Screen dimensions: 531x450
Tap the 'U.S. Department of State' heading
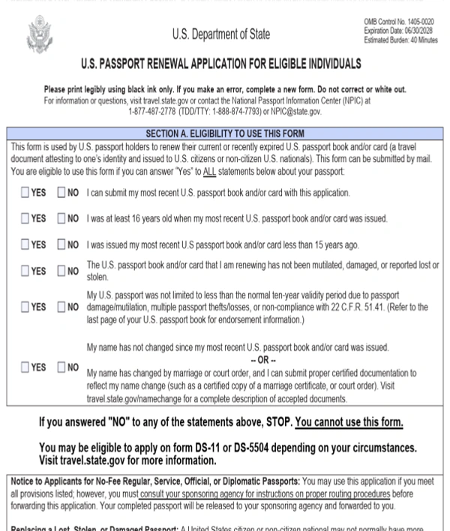221,34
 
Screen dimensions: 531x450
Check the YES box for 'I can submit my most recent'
25,193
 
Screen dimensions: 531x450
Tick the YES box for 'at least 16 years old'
25,219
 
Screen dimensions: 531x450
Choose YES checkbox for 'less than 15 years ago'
25,245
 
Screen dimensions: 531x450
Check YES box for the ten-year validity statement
25,307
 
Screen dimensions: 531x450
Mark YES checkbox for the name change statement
25,367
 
